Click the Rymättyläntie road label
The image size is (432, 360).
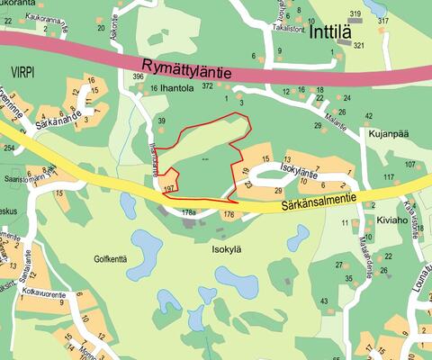pyautogui.click(x=187, y=67)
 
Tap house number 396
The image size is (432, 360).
pyautogui.click(x=138, y=77)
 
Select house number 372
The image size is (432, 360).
pyautogui.click(x=208, y=85)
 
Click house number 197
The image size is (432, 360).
pyautogui.click(x=168, y=189)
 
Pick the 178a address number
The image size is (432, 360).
pyautogui.click(x=188, y=212)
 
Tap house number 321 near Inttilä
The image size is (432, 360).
pyautogui.click(x=358, y=45)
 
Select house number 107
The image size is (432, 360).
pyautogui.click(x=410, y=164)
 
